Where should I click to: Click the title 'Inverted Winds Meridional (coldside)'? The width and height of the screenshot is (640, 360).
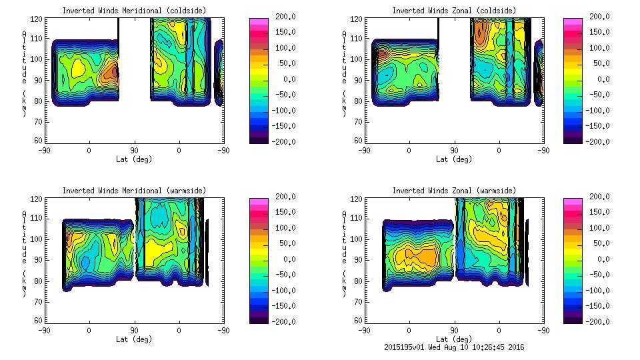click(134, 11)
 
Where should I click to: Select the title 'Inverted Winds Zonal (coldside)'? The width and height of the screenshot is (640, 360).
click(454, 11)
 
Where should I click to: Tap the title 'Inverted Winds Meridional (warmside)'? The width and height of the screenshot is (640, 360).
click(134, 191)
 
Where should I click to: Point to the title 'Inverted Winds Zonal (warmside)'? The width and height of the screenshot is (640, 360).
click(454, 191)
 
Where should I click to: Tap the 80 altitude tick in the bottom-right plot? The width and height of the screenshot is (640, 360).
click(359, 281)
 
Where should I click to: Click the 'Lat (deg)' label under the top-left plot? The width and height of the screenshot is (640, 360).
click(134, 159)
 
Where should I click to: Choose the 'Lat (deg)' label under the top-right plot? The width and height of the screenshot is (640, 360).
click(454, 159)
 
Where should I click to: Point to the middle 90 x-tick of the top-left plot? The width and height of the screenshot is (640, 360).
click(134, 150)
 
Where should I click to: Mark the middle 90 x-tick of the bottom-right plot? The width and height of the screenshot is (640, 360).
click(454, 330)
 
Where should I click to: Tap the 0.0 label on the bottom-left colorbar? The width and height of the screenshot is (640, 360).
click(285, 259)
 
